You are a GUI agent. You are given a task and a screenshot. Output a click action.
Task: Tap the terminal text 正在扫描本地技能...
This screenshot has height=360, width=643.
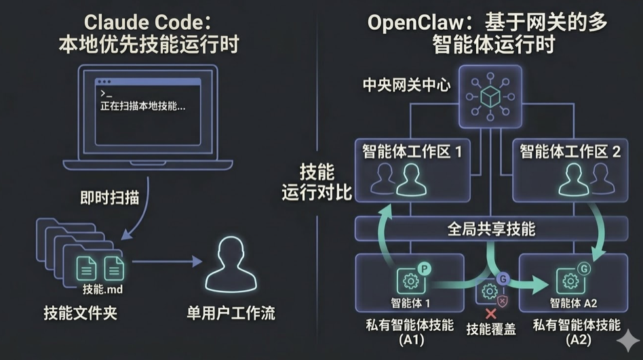click(x=142, y=106)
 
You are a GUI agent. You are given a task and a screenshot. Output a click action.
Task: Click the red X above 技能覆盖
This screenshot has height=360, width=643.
click(x=490, y=314)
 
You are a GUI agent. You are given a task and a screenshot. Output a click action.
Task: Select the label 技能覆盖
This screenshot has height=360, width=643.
click(x=490, y=330)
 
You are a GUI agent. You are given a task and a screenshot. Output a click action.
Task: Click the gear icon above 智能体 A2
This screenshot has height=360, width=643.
click(x=570, y=281)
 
